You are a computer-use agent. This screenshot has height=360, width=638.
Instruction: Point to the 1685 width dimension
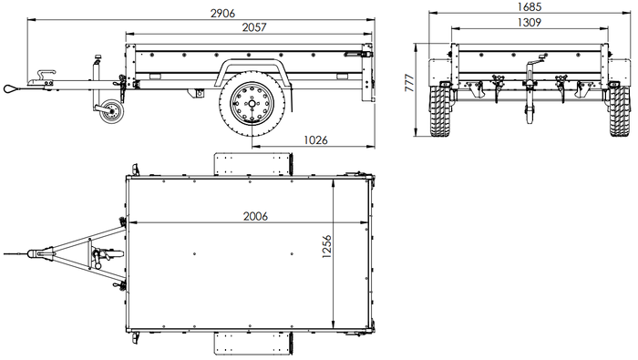coord(527,6)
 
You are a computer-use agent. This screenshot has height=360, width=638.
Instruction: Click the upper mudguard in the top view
coord(252,164)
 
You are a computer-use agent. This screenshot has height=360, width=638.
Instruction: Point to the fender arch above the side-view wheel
coord(252,69)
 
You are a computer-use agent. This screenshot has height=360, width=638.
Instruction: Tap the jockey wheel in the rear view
coord(526,114)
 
